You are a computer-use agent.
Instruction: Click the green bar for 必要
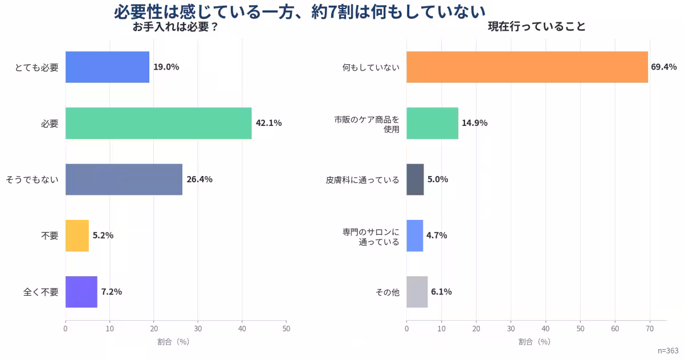point(158,123)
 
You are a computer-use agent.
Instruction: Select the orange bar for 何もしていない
point(527,67)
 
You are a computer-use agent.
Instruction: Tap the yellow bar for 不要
point(77,235)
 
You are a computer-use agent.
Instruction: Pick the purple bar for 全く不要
point(82,292)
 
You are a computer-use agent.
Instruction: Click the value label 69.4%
point(663,67)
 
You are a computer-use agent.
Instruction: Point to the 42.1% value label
point(268,123)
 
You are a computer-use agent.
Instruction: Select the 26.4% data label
point(199,179)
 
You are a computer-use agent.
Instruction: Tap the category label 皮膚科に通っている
point(363,180)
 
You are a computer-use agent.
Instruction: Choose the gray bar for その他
point(417,292)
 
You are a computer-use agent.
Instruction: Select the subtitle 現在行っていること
point(537,27)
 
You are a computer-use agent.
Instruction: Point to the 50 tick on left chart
point(286,329)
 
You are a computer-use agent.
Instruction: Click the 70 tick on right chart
point(650,329)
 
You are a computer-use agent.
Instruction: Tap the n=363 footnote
point(667,350)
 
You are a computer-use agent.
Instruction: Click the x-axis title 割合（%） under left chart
point(173,342)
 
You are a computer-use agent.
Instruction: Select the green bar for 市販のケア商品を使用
point(432,123)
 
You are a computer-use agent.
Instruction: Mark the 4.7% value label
point(437,235)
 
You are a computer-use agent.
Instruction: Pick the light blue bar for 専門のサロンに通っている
point(414,235)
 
